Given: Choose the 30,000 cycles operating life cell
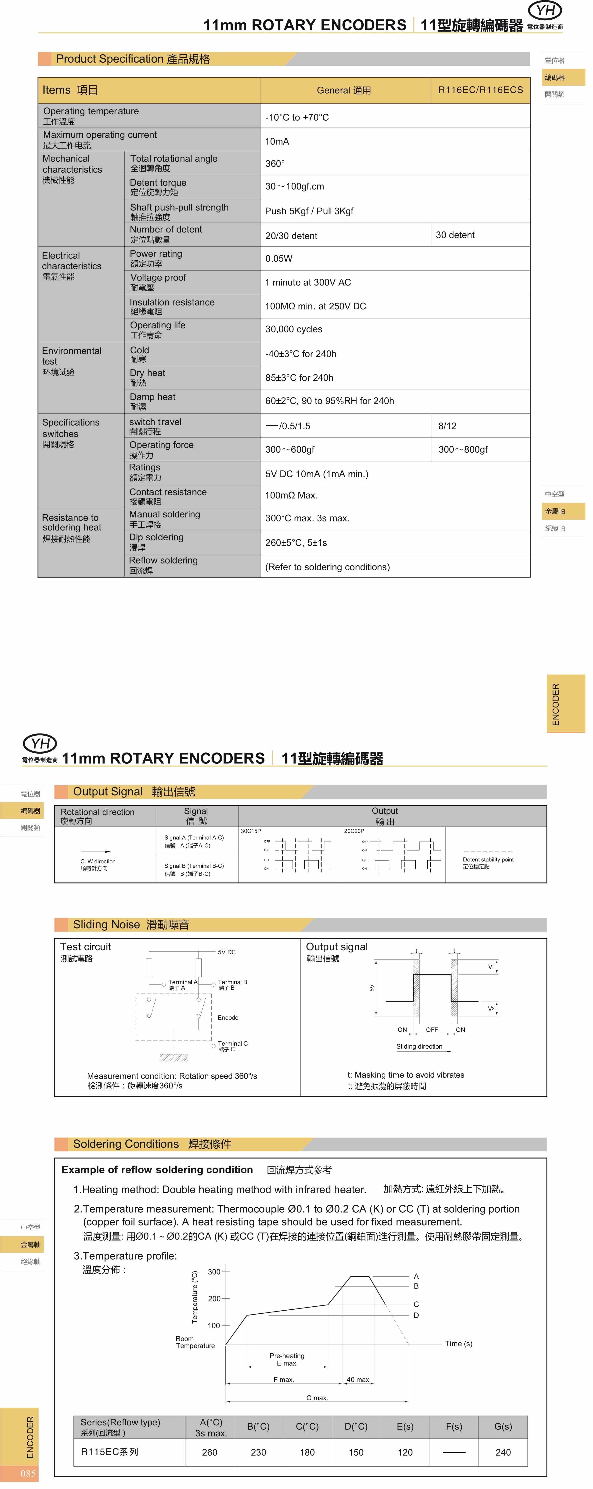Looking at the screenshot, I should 294,329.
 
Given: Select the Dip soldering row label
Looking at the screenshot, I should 156,542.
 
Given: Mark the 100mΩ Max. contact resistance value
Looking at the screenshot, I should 291,495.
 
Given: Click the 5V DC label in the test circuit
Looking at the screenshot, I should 227,952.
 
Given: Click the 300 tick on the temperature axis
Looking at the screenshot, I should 214,1272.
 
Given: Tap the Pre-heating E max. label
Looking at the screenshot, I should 287,1359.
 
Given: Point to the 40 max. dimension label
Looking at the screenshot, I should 358,1379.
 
